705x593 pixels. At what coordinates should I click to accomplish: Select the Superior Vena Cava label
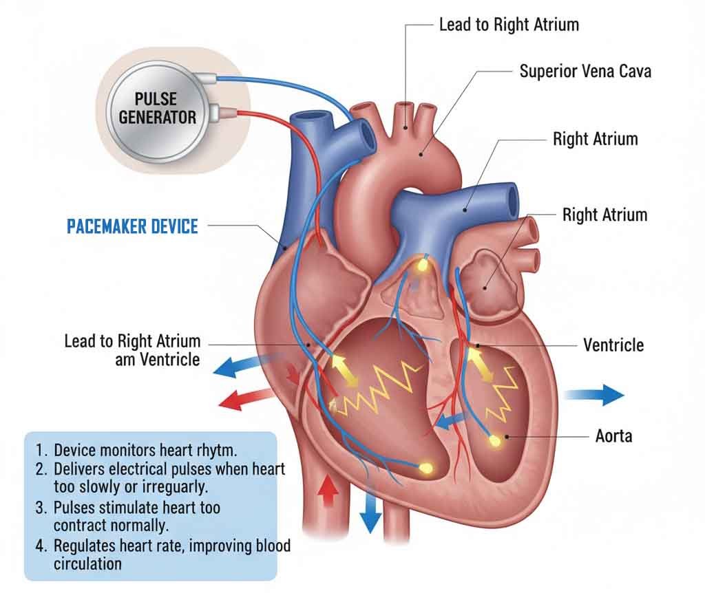coord(585,71)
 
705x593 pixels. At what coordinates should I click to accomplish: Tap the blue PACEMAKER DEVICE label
coord(132,226)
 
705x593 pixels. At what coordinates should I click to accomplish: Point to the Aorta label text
coord(613,435)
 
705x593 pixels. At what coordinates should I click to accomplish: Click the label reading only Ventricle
coord(613,344)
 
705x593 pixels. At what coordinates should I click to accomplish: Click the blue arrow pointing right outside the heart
coord(595,395)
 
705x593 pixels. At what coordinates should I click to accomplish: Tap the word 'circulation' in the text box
coord(87,564)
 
